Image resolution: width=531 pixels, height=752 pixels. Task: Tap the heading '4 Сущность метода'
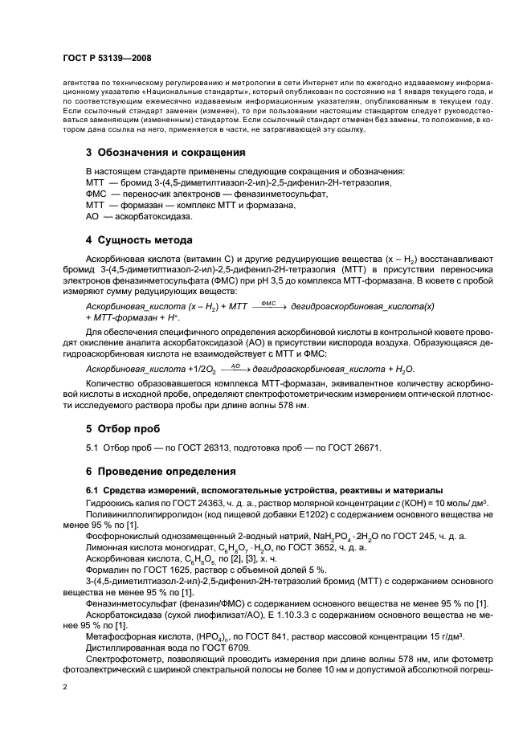[x=138, y=240]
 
